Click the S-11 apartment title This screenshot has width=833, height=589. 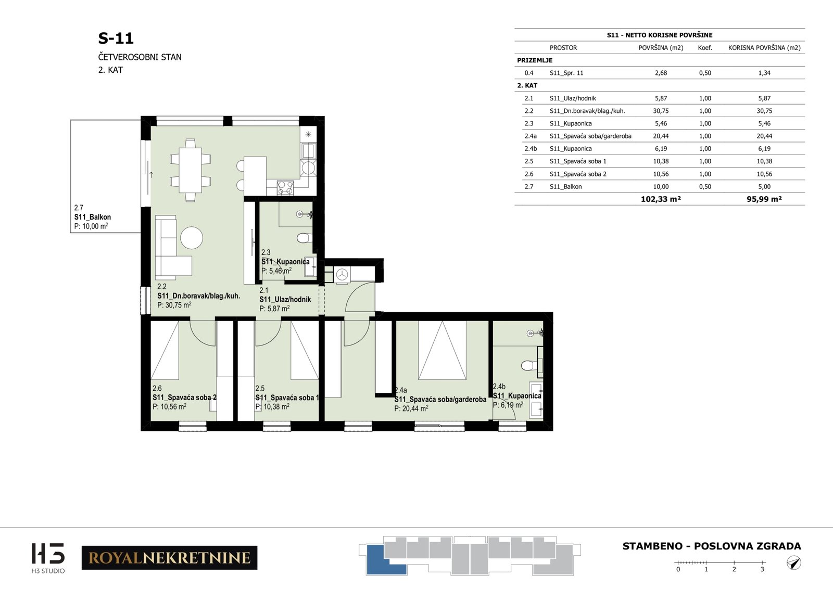point(116,39)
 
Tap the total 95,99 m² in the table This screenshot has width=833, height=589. point(764,199)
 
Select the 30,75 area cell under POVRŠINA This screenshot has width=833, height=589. point(661,111)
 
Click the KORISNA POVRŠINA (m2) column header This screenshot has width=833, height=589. point(764,47)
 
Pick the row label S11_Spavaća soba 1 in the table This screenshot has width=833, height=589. point(578,161)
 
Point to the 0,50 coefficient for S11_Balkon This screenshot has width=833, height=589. point(705,187)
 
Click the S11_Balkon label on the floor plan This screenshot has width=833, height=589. point(93,217)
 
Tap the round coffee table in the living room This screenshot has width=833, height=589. point(192,238)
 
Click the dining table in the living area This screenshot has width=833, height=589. point(191,170)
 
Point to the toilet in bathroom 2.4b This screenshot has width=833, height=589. point(529,366)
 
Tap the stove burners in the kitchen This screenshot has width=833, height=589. point(286,187)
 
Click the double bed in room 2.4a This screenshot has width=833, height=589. point(442,350)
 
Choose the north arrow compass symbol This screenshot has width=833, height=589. point(794,563)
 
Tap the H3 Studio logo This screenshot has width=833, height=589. point(48,558)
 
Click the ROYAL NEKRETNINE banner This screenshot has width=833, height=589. point(170,558)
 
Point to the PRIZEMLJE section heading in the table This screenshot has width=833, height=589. point(535,60)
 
